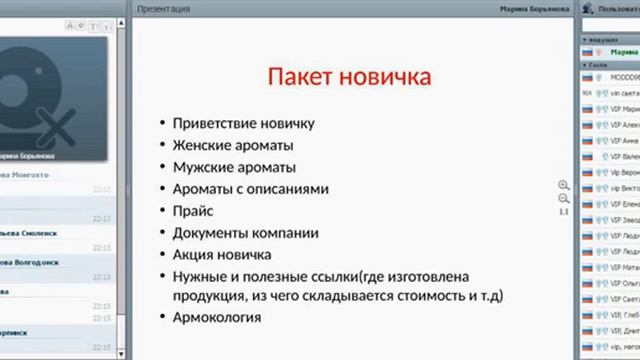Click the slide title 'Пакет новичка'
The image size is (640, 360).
click(350, 77)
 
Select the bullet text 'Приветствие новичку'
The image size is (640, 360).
click(244, 123)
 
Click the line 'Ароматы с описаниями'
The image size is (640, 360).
click(251, 189)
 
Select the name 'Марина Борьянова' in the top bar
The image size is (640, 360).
click(536, 7)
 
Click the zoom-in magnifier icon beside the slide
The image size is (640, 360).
click(563, 185)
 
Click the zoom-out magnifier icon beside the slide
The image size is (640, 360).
click(563, 199)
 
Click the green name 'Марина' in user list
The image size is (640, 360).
click(625, 52)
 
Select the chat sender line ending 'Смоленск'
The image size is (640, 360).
click(30, 233)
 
